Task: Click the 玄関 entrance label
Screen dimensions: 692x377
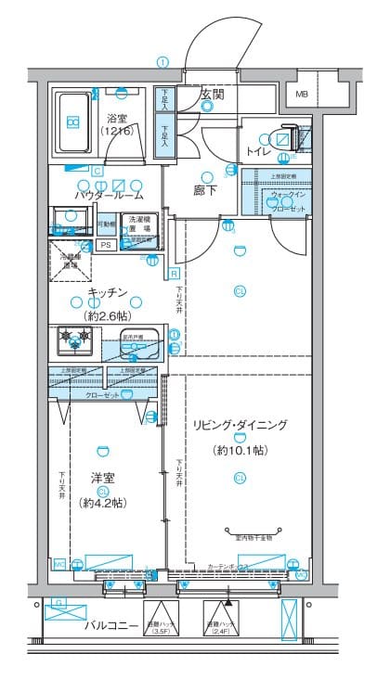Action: tap(210, 94)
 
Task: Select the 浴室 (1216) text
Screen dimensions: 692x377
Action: tap(118, 124)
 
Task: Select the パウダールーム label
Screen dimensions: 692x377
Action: tap(110, 196)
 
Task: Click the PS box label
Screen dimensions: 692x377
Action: tap(105, 245)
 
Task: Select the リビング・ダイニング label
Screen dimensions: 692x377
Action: tap(240, 425)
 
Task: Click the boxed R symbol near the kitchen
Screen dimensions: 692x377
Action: tap(174, 274)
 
